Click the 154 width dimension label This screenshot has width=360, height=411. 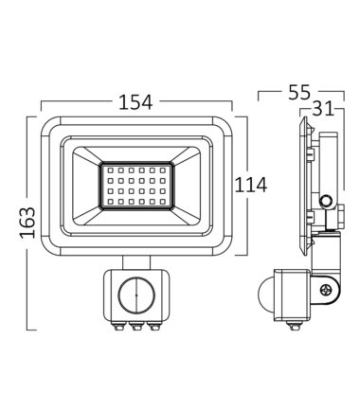pyautogui.click(x=135, y=102)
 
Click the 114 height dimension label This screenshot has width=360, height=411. pyautogui.click(x=251, y=185)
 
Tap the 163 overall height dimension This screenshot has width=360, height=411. pyautogui.click(x=27, y=223)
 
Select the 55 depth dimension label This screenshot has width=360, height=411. pyautogui.click(x=299, y=93)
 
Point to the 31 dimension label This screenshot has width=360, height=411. pyautogui.click(x=323, y=109)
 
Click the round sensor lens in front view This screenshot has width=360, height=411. pyautogui.click(x=136, y=295)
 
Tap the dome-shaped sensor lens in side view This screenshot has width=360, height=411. pyautogui.click(x=266, y=295)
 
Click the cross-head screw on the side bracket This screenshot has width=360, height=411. pyautogui.click(x=325, y=290)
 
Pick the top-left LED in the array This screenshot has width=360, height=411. pyautogui.click(x=111, y=170)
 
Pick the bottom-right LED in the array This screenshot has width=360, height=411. pyautogui.click(x=163, y=201)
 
